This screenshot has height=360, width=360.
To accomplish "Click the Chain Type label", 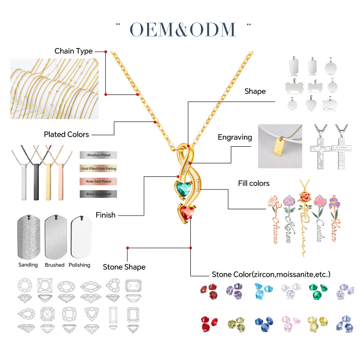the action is (x=73, y=51).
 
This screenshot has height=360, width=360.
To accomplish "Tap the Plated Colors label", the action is (x=66, y=134).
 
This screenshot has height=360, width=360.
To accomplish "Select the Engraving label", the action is (x=234, y=137).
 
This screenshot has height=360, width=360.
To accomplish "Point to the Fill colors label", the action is (x=254, y=183).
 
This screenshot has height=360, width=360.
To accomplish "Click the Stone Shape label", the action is (x=124, y=267).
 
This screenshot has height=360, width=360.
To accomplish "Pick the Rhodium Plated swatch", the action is (x=98, y=155).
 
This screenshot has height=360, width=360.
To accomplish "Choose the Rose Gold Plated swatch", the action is (x=98, y=181).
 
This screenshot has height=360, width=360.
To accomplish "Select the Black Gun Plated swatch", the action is (x=98, y=194).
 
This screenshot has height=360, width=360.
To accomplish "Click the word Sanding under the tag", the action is (x=28, y=265).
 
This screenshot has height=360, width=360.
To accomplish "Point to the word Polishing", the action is (x=79, y=265).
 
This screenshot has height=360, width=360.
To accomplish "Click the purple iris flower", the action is (x=333, y=202).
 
